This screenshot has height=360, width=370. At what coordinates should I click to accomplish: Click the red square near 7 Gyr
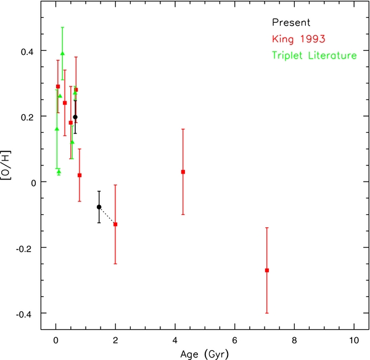[266, 270]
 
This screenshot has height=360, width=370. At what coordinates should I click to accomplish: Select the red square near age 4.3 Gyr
[183, 172]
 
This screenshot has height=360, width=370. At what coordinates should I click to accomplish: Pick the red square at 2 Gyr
[115, 224]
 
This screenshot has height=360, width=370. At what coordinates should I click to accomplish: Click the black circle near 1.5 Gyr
[99, 207]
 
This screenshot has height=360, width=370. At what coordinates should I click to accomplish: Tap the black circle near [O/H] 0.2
[75, 117]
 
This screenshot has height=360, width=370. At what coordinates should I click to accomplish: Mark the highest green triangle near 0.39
[62, 54]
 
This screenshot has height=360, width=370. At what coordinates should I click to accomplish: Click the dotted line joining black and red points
[107, 216]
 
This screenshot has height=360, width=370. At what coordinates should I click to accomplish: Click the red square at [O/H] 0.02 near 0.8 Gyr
[80, 175]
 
